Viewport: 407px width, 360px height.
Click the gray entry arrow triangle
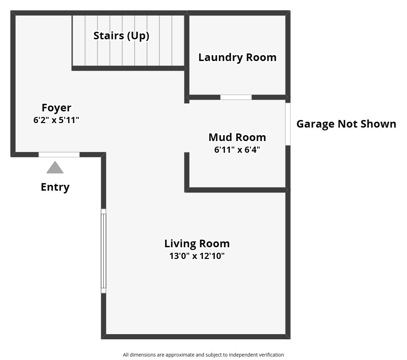pos(55,168)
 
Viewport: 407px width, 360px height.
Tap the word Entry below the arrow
pos(55,187)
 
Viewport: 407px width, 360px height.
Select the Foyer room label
pos(56,108)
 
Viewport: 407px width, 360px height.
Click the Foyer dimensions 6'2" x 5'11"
pos(56,120)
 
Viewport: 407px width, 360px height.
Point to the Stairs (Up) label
pos(121,36)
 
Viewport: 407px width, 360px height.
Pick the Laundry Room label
pos(237,57)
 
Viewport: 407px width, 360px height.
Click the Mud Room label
pos(237,137)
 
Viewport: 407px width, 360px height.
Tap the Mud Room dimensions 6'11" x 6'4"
pos(237,150)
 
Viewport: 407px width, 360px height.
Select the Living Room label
pos(197,243)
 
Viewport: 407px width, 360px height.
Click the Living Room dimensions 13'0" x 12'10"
pos(197,256)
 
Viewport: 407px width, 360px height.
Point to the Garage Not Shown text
pos(346,124)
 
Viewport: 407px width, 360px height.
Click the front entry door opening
pos(59,154)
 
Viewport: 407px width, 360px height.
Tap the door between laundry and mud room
pos(236,97)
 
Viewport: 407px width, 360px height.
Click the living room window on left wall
pos(103,251)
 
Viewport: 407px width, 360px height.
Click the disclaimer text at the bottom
pos(203,354)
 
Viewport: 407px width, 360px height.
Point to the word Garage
pos(315,124)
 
